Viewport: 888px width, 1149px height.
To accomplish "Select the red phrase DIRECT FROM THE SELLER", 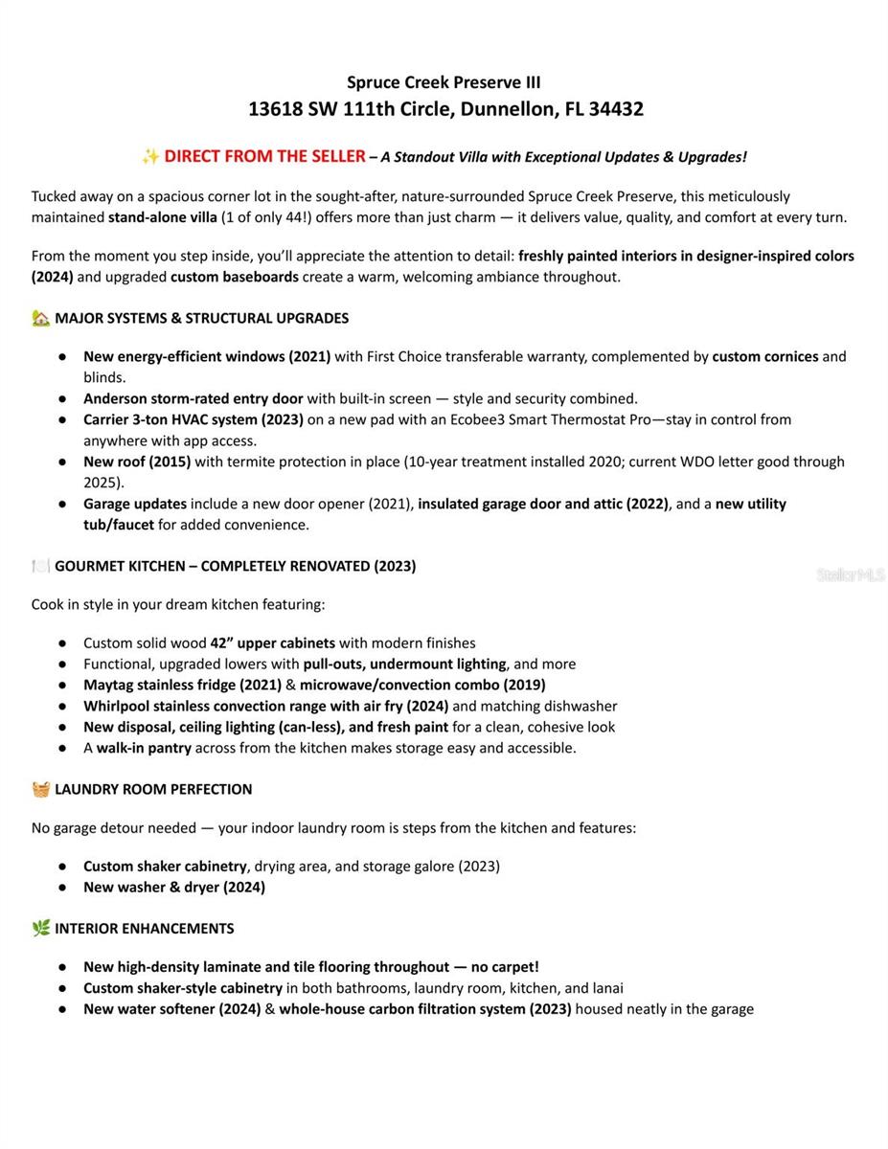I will point(264,156).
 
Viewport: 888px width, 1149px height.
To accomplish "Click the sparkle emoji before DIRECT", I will point(150,156).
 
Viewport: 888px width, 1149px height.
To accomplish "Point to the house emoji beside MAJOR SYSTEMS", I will point(40,318).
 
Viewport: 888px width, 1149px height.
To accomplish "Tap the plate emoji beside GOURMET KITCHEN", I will point(40,566).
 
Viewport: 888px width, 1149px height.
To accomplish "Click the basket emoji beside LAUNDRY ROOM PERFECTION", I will point(40,789).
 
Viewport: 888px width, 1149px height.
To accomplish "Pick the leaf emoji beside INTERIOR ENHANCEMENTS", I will point(40,928).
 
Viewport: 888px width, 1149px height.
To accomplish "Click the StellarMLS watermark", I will point(851,574).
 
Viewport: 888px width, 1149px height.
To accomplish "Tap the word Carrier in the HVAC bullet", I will point(107,419).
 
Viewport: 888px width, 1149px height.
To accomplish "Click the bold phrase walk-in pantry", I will point(144,748).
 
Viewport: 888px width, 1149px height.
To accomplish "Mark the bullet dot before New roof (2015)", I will point(62,462).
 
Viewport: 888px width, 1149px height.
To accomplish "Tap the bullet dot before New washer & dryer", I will point(62,887).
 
